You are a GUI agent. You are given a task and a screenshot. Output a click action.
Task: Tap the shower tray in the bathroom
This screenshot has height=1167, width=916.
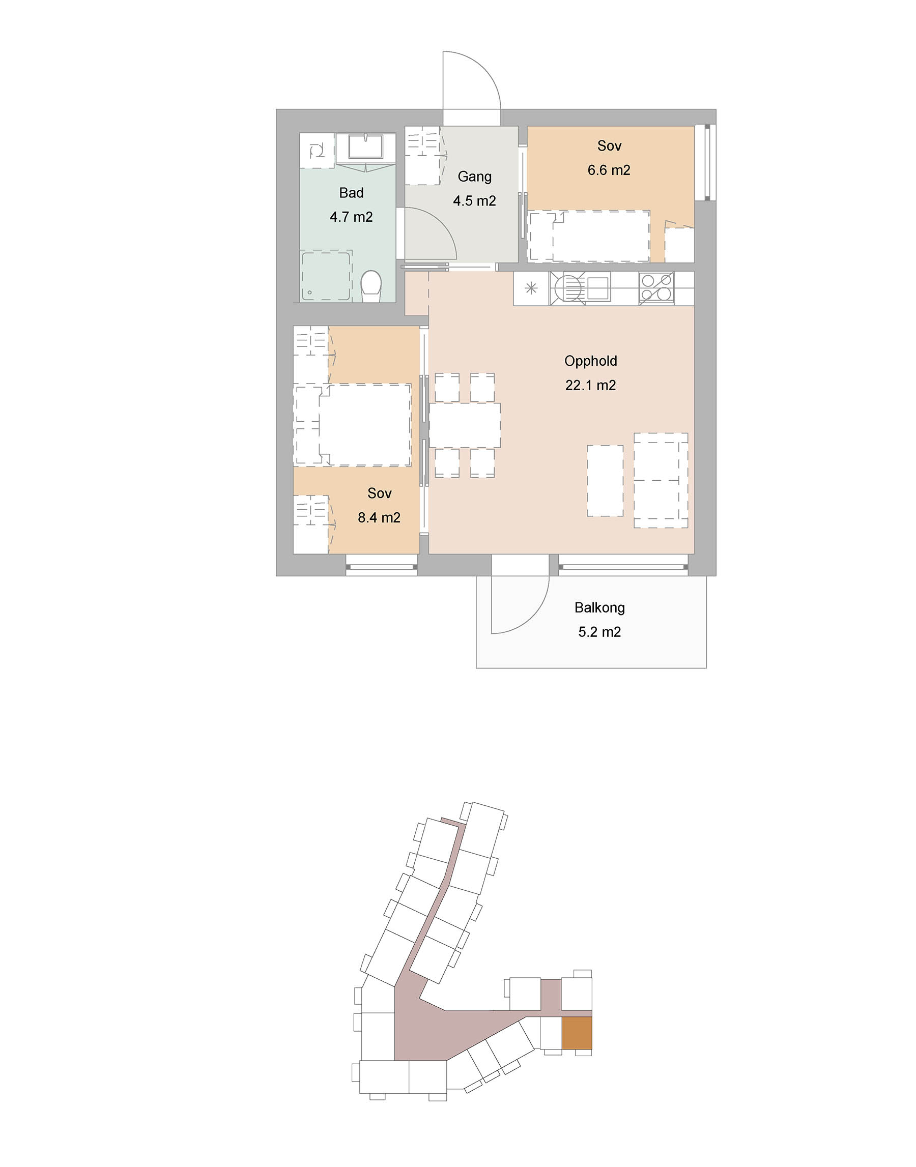[327, 276]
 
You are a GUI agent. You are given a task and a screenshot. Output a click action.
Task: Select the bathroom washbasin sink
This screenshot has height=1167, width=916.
[365, 147]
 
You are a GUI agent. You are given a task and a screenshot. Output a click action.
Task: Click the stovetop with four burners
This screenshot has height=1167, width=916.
[656, 288]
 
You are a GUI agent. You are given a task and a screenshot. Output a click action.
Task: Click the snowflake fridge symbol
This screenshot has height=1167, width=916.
[531, 288]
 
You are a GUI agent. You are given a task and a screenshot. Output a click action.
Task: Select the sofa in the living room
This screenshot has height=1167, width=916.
[661, 480]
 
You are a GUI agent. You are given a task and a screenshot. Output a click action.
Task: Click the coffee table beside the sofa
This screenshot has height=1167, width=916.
[605, 480]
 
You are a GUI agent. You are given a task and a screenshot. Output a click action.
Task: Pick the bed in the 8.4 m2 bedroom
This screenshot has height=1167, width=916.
[365, 425]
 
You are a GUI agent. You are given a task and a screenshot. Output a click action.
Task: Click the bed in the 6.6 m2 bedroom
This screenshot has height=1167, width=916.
[601, 236]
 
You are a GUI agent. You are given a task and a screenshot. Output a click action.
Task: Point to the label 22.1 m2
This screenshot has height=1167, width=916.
[590, 385]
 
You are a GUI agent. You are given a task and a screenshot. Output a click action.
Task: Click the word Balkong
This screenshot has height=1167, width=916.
[599, 608]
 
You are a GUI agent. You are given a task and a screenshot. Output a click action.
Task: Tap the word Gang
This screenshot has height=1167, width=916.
[475, 177]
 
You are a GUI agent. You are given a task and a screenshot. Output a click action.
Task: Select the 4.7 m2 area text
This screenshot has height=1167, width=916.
[351, 217]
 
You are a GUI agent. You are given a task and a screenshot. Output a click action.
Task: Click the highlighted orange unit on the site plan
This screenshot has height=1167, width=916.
[577, 1033]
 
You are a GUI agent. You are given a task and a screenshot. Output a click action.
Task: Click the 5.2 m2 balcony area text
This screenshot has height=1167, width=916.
[599, 632]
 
